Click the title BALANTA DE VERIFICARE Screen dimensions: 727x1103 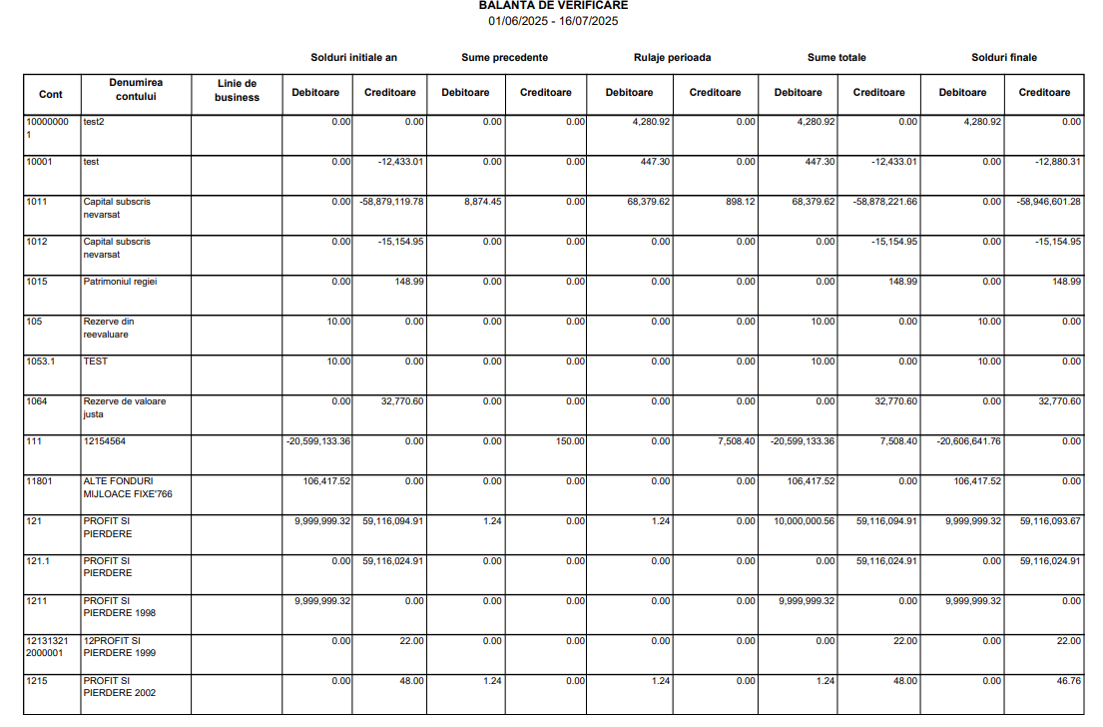(x=553, y=6)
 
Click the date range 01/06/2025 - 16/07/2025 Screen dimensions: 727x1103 (x=553, y=21)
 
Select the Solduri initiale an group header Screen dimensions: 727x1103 (x=353, y=58)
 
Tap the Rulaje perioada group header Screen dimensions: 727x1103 (x=672, y=58)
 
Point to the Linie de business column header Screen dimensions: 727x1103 (x=237, y=91)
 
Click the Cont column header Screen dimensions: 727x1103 (x=51, y=94)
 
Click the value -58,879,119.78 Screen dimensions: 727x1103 (x=390, y=202)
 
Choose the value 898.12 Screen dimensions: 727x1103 (x=738, y=202)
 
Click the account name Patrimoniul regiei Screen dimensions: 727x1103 (x=120, y=282)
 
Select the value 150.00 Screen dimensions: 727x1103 (x=570, y=441)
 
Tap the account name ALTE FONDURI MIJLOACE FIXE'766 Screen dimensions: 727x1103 (x=119, y=487)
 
